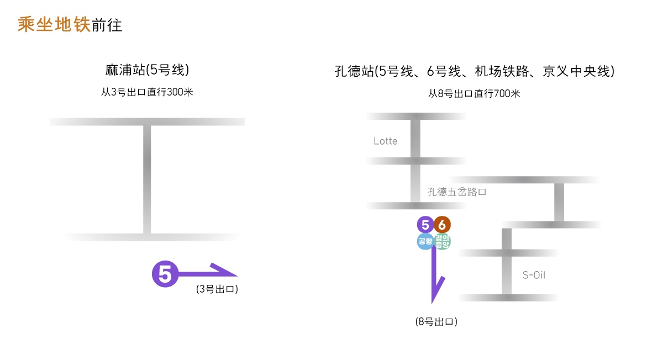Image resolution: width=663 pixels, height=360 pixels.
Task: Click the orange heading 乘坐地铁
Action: [54, 25]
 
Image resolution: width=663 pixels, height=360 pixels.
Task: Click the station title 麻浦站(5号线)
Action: [147, 70]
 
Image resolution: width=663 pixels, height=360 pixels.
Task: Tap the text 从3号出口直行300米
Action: [147, 92]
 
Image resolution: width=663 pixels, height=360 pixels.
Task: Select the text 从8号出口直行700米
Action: [474, 94]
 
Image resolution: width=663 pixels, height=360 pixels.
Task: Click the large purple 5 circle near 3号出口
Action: [165, 274]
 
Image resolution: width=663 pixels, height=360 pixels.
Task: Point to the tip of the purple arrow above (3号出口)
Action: [236, 275]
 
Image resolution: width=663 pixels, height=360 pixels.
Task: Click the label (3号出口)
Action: [217, 289]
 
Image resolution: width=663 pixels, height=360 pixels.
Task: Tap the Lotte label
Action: [386, 141]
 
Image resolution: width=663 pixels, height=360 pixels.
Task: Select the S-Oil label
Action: [534, 275]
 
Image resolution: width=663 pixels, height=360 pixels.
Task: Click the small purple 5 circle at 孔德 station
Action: [425, 225]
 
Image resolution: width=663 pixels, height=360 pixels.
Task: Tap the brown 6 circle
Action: [443, 225]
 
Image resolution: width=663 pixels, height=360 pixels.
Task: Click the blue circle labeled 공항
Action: [425, 241]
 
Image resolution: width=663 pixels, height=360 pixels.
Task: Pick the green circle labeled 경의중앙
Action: [443, 241]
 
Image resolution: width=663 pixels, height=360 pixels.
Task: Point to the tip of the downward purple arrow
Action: [433, 303]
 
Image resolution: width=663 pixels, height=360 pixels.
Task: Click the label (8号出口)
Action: [436, 321]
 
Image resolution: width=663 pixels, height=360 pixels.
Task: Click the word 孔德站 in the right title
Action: [354, 72]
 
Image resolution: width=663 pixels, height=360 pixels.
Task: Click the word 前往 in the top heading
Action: [107, 25]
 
